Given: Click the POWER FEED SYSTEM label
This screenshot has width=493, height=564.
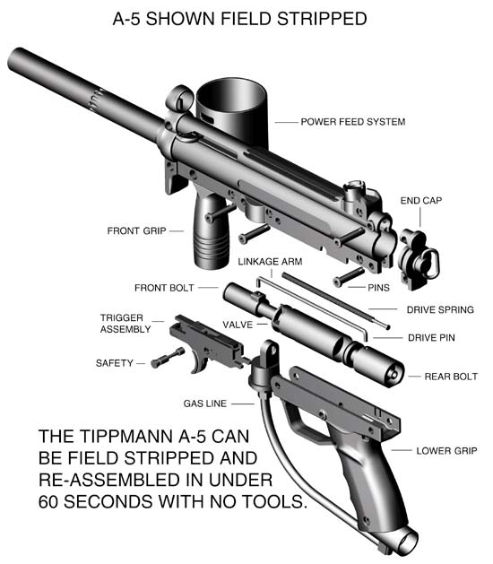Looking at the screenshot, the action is click(x=353, y=122).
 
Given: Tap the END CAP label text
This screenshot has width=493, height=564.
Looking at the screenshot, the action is click(x=421, y=200).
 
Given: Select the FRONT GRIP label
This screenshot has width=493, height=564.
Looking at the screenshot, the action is click(x=136, y=230).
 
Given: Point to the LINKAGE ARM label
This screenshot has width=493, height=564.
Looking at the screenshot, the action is click(x=270, y=262).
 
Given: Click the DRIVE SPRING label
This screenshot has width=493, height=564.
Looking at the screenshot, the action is click(x=440, y=309).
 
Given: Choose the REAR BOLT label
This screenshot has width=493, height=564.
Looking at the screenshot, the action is click(x=451, y=377).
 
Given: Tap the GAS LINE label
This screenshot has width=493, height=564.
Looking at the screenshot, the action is click(x=205, y=403).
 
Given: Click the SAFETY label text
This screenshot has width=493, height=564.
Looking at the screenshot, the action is click(x=115, y=363).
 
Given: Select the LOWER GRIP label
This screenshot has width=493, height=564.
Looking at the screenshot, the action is click(x=446, y=451).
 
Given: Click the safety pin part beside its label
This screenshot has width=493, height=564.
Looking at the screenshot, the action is click(x=168, y=358).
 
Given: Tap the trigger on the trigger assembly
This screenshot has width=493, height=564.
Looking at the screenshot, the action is click(x=199, y=361).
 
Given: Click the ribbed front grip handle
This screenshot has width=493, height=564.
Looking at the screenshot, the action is click(x=212, y=234).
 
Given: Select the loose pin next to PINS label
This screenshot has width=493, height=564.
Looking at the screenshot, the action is click(x=348, y=277).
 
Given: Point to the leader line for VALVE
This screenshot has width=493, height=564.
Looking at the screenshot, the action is click(x=262, y=325).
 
